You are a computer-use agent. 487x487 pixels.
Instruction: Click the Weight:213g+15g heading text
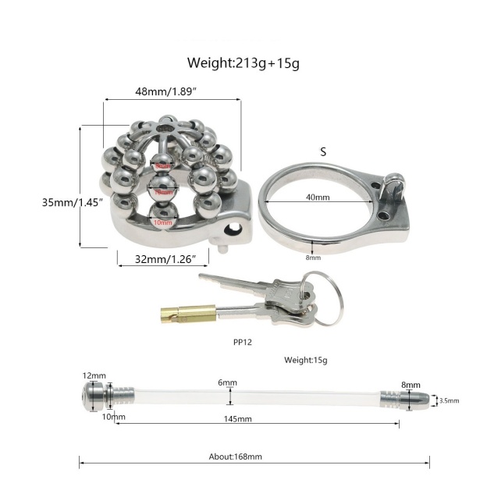pos(243,62)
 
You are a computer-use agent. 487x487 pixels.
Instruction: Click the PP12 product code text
pos(241,341)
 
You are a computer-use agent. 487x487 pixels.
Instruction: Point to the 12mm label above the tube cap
pos(94,375)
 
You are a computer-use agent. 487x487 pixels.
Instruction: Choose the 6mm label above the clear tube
pos(227,383)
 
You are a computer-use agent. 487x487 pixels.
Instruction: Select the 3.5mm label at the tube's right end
pos(448,400)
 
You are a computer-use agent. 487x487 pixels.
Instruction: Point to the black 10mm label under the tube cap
pos(113,418)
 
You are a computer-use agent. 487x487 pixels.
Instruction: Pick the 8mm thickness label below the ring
pos(314,257)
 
